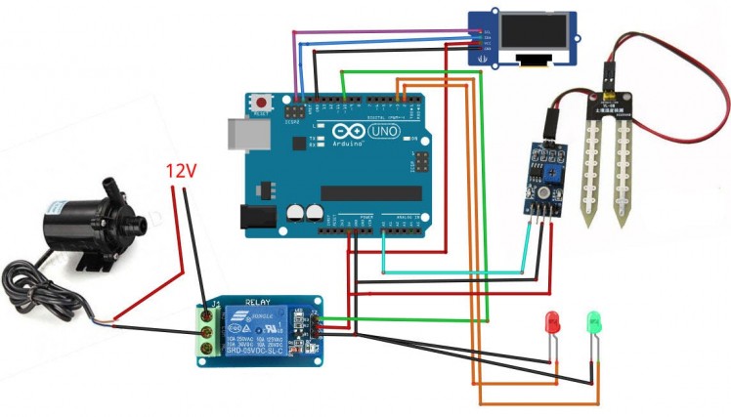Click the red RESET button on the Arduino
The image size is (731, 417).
pyautogui.click(x=261, y=102)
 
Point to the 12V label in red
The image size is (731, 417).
pyautogui.click(x=182, y=171)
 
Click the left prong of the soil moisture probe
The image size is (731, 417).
pyautogui.click(x=588, y=156)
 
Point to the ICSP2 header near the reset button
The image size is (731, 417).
pyautogui.click(x=292, y=111)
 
